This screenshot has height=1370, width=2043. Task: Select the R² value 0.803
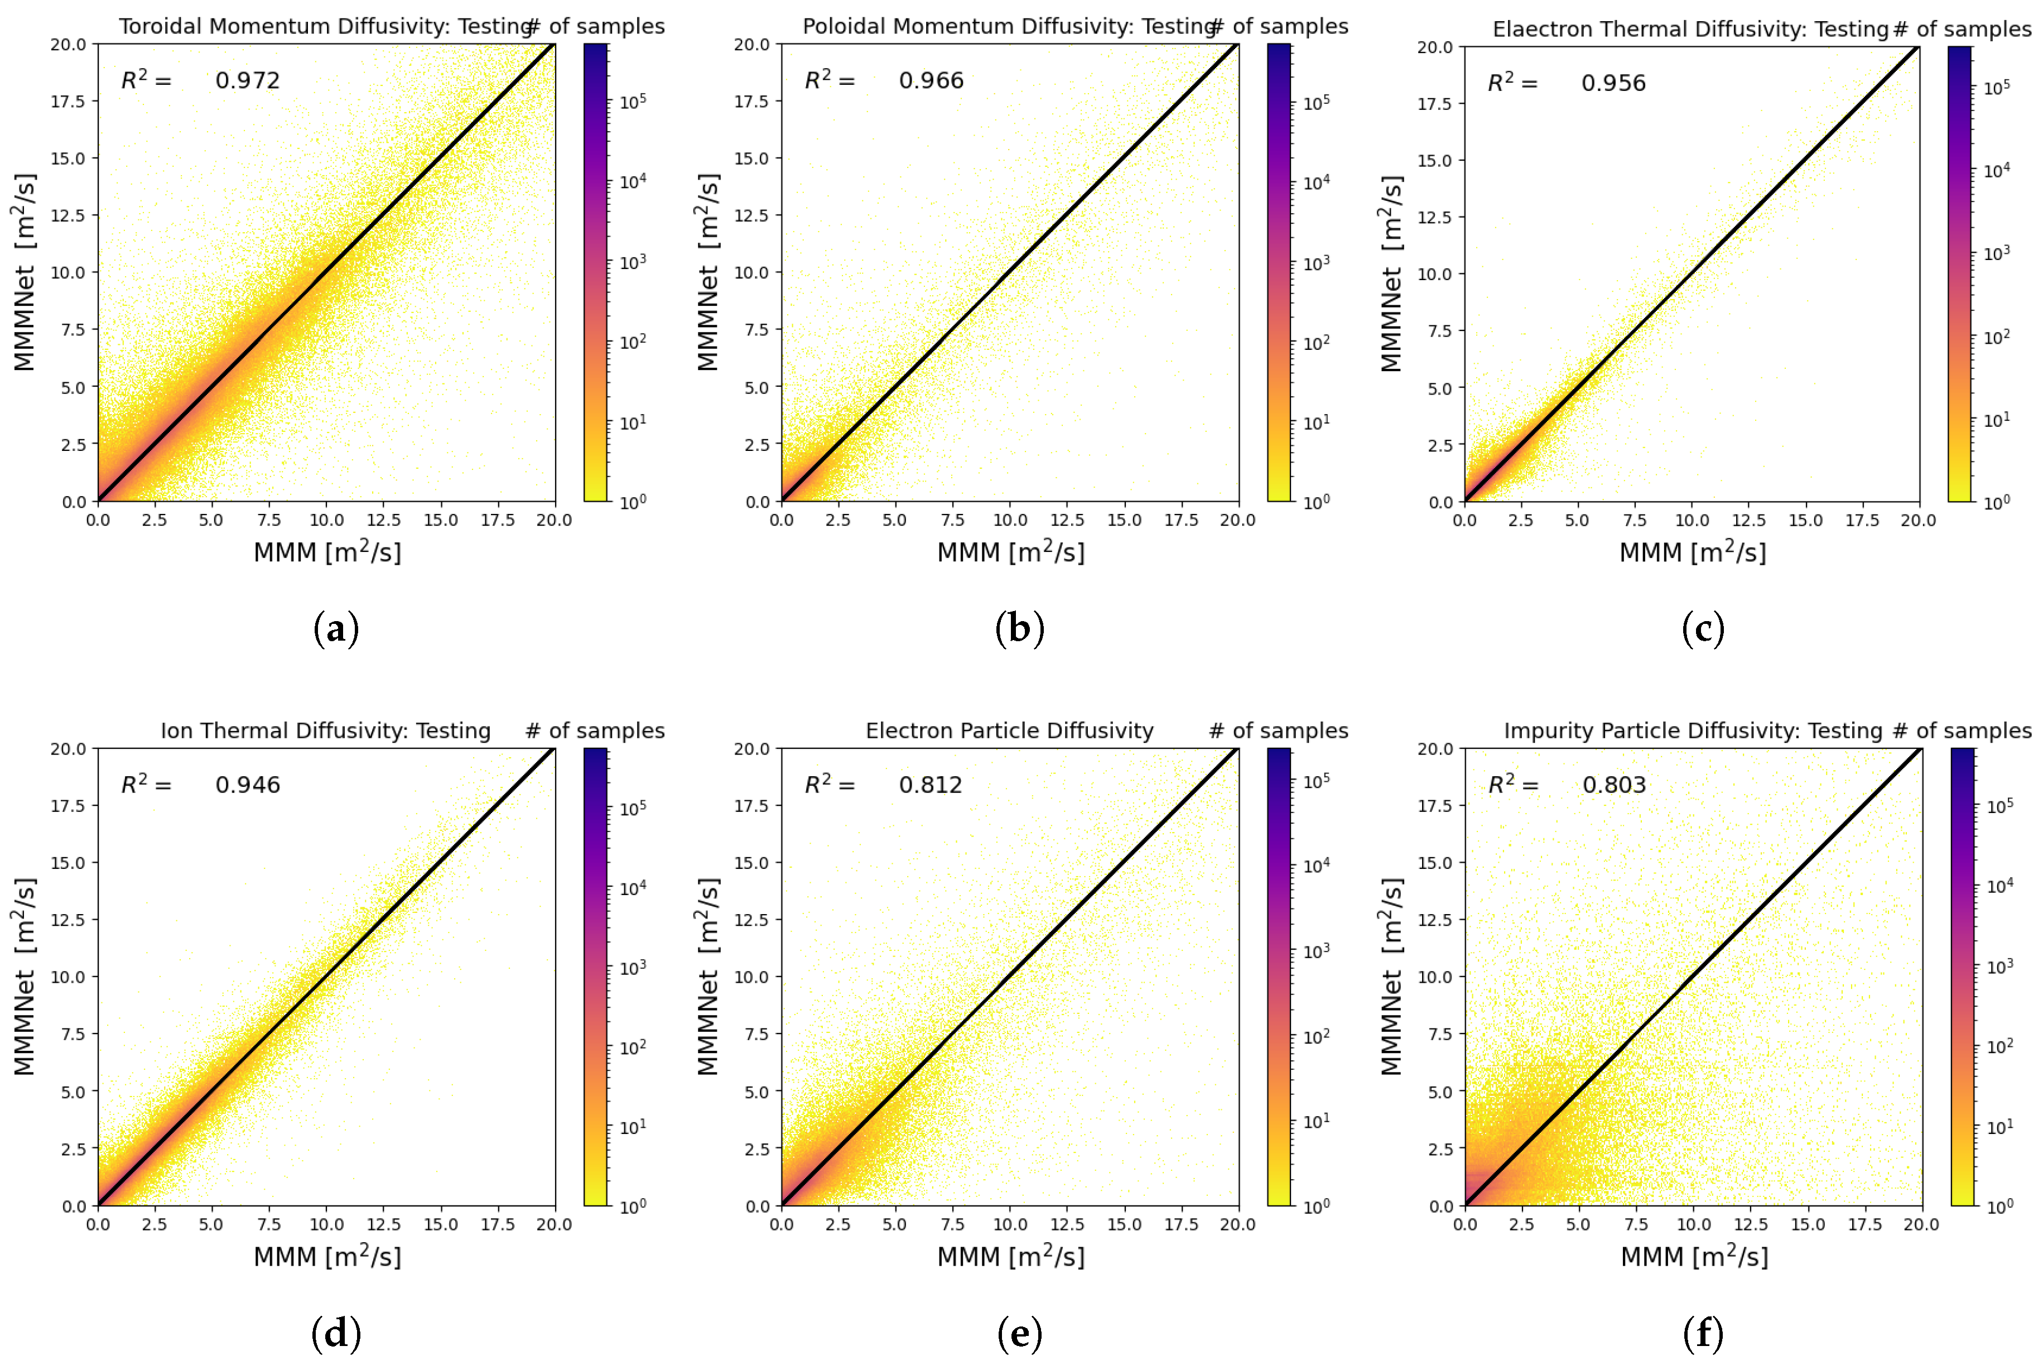[x=1613, y=785]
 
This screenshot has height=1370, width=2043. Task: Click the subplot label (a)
[x=336, y=629]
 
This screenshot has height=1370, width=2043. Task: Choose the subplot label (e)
[x=1019, y=1333]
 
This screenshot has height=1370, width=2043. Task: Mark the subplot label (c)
[x=1702, y=629]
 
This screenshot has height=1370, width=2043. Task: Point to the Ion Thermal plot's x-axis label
[x=327, y=1256]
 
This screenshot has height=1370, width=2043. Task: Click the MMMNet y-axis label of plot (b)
[x=709, y=272]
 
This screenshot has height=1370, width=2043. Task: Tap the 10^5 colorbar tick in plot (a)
[x=633, y=102]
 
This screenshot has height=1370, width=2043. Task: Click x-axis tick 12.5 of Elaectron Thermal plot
[x=1748, y=521]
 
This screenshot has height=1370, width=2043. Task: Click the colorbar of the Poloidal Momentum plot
[x=1278, y=272]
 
